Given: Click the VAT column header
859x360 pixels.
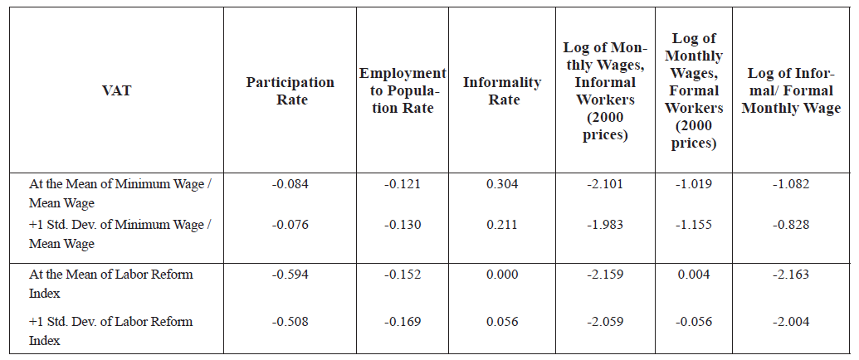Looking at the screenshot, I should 115,91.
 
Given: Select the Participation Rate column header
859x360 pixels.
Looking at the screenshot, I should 290,91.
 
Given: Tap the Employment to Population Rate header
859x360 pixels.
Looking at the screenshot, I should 403,91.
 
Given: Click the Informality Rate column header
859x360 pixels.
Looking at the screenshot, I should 502,91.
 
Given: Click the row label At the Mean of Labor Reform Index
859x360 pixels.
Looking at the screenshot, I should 110,284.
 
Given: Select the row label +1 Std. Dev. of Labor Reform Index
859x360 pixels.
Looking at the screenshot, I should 110,330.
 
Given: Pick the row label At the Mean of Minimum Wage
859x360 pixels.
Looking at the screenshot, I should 120,193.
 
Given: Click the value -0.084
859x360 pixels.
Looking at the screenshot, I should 290,184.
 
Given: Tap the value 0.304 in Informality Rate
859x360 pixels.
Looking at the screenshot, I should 502,184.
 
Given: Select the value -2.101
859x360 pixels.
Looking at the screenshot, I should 605,184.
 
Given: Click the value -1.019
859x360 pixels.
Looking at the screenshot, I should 695,184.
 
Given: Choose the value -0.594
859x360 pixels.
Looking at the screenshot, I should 290,275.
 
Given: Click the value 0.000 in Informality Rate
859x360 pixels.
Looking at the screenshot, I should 502,275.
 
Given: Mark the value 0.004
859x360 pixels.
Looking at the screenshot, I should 695,275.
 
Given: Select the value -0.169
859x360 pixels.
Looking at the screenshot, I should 403,322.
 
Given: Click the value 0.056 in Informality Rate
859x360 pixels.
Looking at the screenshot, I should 502,322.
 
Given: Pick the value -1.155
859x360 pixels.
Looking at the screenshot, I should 695,225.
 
